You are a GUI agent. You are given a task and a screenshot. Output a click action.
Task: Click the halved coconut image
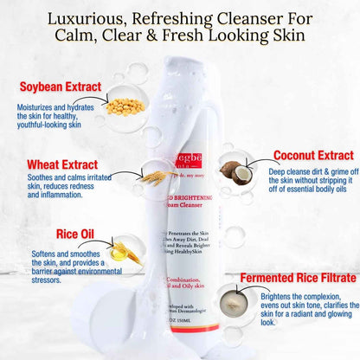[x=233, y=169]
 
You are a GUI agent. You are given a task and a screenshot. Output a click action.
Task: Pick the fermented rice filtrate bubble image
[x=231, y=297]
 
